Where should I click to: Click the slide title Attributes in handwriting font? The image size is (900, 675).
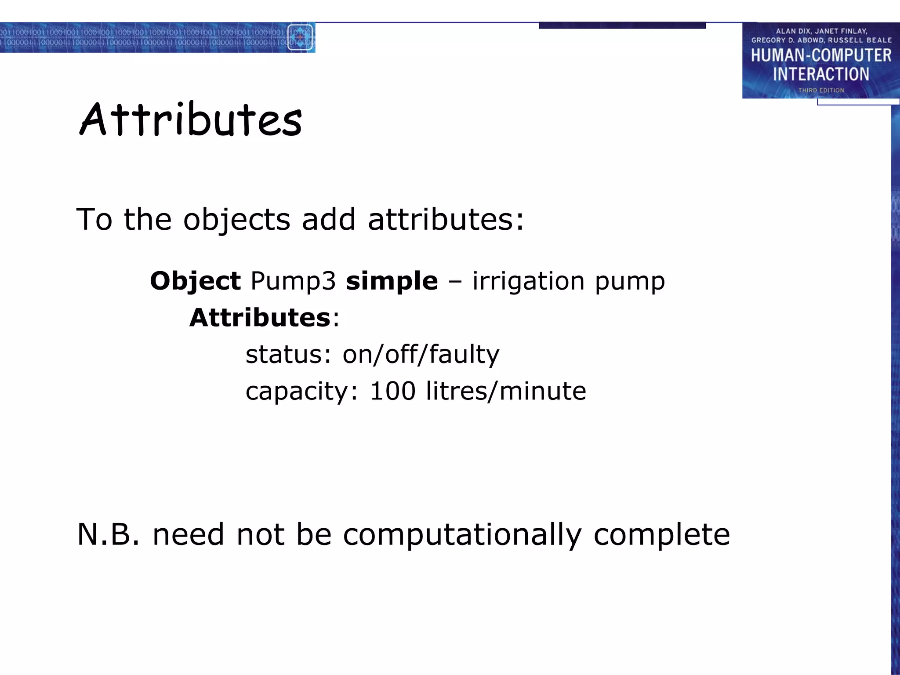(191, 120)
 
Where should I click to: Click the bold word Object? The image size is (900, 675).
(195, 281)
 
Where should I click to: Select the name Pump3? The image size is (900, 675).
(293, 281)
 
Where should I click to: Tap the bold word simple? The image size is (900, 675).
(392, 281)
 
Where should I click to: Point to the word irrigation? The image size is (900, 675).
(528, 281)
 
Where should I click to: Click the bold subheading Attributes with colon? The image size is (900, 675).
(264, 318)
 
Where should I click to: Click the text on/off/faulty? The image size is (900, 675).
(421, 355)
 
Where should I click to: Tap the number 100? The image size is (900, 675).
(392, 391)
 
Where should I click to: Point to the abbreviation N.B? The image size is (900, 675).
(108, 535)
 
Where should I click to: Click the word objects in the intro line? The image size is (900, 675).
(236, 220)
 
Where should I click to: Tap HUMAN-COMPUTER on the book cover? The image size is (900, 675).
(821, 56)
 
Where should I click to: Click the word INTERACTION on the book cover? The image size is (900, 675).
(821, 74)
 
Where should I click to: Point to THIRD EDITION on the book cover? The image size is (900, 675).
(821, 91)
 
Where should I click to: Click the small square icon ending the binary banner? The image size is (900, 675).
(301, 37)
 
